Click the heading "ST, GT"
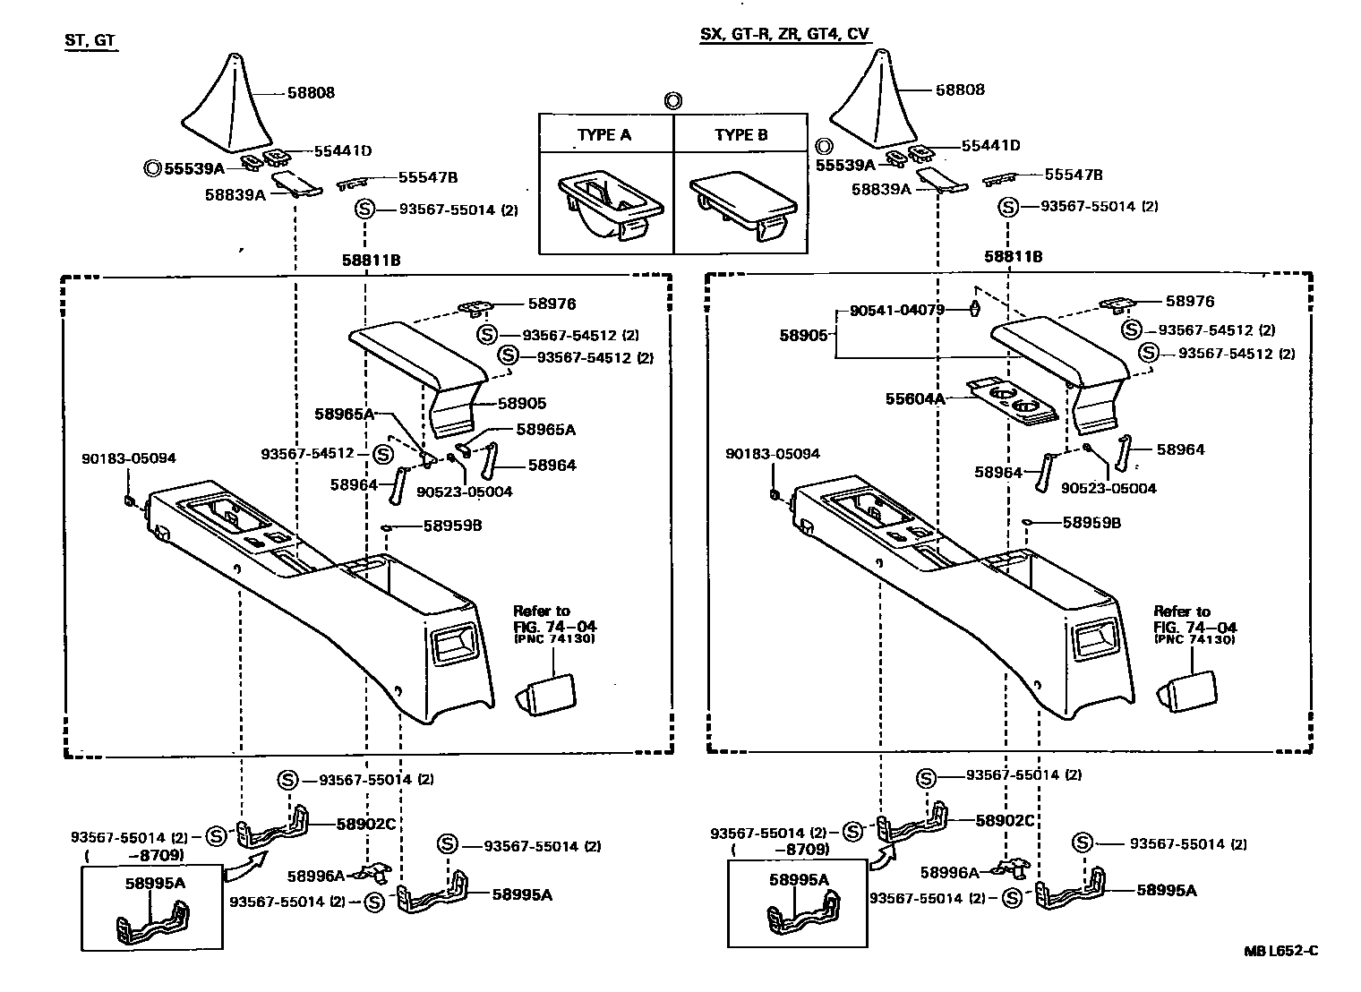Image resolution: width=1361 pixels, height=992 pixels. click(x=90, y=40)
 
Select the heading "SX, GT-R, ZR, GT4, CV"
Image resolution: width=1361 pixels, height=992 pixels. click(x=783, y=35)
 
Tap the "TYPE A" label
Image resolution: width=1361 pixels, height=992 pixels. click(x=604, y=135)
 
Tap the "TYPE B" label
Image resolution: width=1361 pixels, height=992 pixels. click(x=740, y=135)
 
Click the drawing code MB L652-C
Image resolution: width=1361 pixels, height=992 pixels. click(x=1280, y=951)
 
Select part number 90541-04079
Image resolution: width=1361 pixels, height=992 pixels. click(x=896, y=311)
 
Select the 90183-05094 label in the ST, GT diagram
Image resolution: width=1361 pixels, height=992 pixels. click(x=129, y=458)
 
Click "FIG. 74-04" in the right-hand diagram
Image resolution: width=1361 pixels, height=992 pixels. click(x=1194, y=627)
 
